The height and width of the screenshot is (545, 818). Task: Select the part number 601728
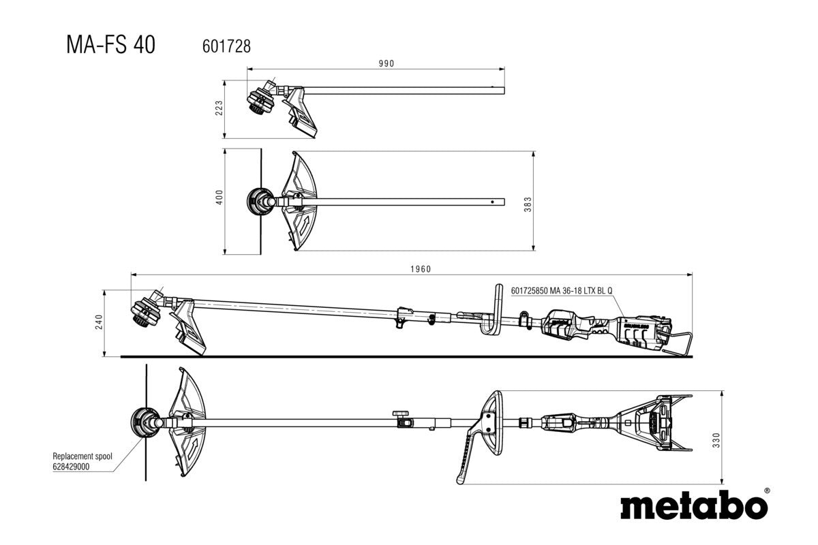(227, 46)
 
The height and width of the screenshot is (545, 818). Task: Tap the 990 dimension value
(387, 63)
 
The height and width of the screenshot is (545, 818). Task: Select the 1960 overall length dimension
(421, 269)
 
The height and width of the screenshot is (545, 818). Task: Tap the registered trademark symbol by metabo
(767, 490)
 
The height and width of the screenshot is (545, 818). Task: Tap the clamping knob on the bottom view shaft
(400, 414)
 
